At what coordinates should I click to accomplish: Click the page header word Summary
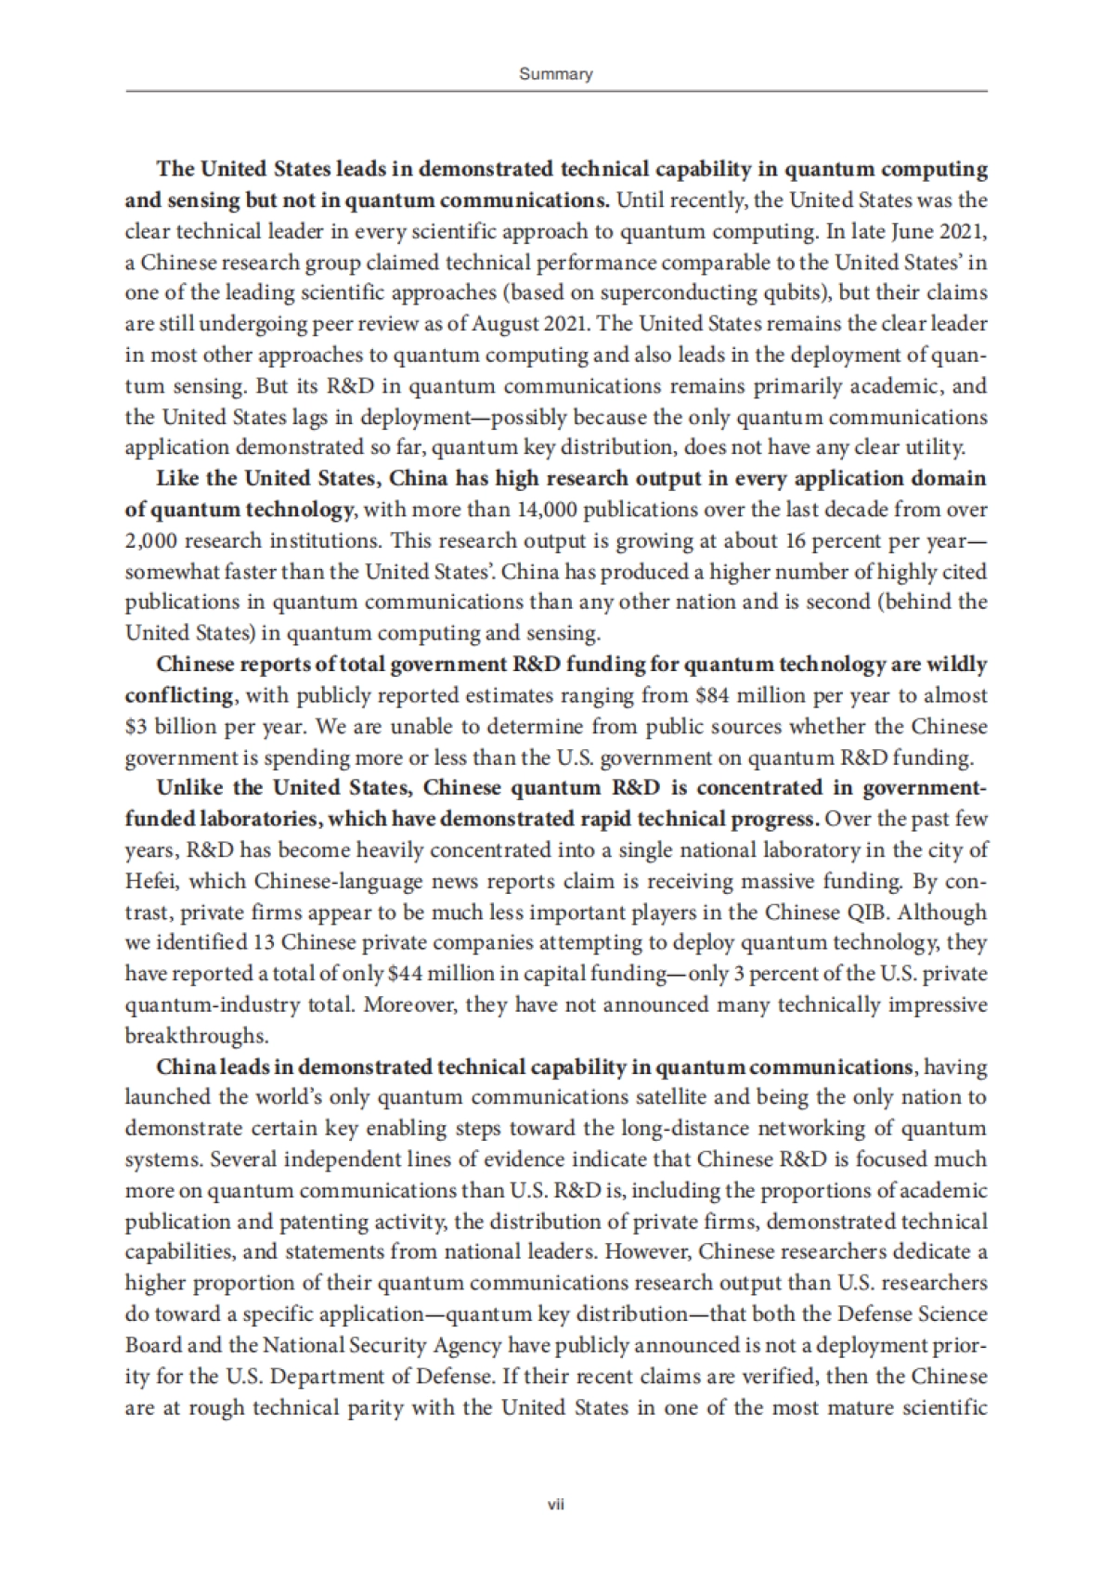[555, 74]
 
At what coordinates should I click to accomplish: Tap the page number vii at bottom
[556, 1504]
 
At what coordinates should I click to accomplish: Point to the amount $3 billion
[163, 726]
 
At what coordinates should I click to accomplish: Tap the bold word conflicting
[179, 695]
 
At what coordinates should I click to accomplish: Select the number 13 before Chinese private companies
[263, 943]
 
